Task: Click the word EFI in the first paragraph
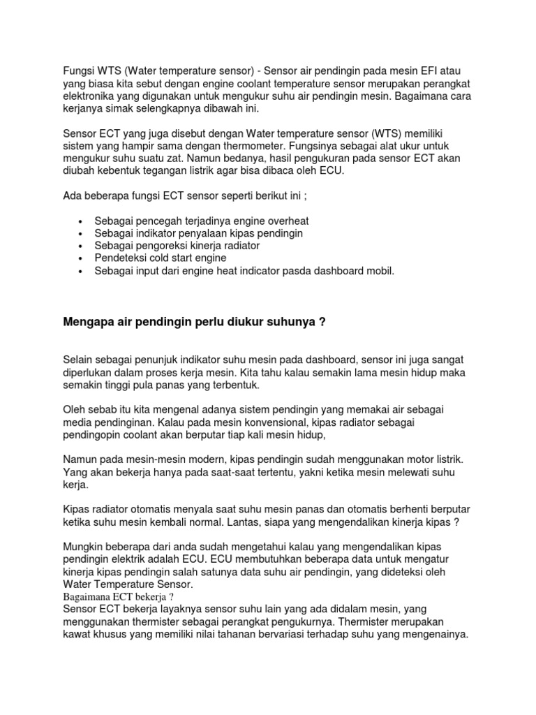point(442,71)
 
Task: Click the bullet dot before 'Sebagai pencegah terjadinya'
point(83,221)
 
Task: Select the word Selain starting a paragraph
point(80,360)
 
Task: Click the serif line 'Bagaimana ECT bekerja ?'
point(118,596)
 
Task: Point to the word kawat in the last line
point(77,635)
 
